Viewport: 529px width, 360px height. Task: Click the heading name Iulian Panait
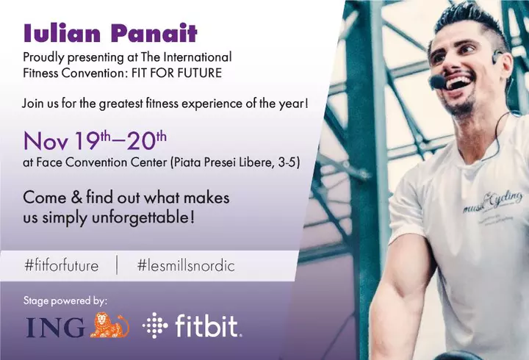110,33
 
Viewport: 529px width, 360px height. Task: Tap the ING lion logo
109,325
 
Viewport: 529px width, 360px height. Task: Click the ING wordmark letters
55,327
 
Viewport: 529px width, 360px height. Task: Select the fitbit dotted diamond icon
155,325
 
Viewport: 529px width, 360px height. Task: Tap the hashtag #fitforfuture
62,265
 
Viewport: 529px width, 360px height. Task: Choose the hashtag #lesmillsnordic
186,265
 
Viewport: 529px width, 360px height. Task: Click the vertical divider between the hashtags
118,265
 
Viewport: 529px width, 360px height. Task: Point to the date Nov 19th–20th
95,140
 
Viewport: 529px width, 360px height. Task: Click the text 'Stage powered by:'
65,300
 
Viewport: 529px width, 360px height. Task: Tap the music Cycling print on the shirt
492,202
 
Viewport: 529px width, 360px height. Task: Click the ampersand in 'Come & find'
76,198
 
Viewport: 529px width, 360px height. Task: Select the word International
198,57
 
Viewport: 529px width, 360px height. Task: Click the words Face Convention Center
101,162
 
